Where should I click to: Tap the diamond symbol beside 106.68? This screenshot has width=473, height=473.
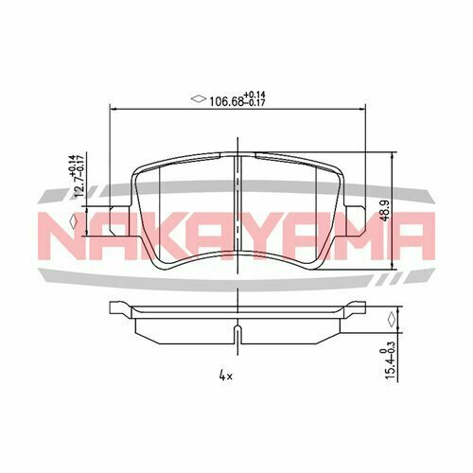pos(199,96)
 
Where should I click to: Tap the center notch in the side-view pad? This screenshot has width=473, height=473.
pos(235,334)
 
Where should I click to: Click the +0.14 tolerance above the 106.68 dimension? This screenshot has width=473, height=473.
pos(255,92)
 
